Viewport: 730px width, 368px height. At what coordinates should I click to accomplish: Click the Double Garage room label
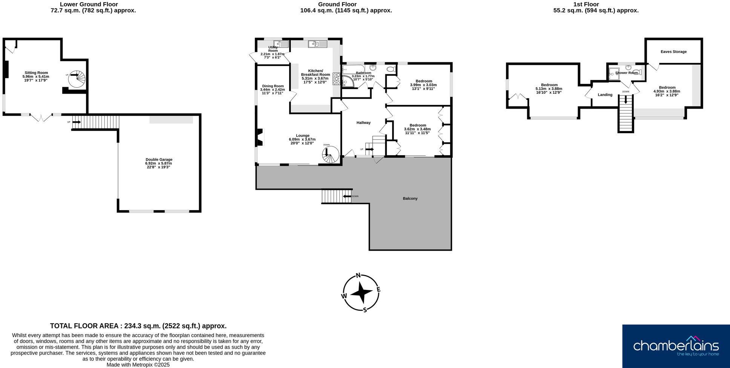point(159,159)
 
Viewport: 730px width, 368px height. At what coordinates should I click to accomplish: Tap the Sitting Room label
point(36,72)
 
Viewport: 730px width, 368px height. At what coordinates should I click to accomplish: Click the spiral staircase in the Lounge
point(330,154)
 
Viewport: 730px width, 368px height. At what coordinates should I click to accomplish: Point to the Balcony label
point(410,199)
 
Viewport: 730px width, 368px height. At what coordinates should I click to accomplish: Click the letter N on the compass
point(358,275)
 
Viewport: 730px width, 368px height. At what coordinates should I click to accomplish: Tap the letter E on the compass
point(378,290)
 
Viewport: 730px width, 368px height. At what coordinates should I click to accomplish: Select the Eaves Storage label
point(673,52)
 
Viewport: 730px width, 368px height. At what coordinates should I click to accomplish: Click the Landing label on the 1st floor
point(605,95)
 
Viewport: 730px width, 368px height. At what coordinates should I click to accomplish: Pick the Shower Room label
point(626,72)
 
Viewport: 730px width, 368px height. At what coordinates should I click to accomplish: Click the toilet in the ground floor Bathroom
point(391,69)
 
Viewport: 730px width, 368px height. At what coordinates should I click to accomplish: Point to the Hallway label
point(363,123)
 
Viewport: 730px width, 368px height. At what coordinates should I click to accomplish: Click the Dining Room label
point(273,86)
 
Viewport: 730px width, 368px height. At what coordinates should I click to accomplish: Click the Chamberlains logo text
point(676,345)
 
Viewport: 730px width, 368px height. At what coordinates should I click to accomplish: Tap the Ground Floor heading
point(337,5)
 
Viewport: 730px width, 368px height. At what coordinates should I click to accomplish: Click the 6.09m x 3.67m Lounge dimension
point(302,139)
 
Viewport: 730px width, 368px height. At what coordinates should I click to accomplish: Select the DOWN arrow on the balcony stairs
point(347,196)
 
